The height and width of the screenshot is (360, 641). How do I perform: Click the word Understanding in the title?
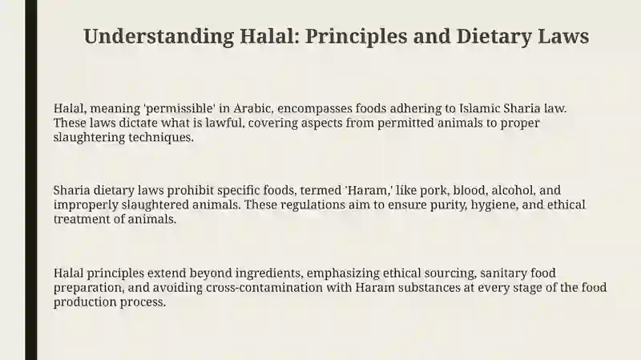click(159, 37)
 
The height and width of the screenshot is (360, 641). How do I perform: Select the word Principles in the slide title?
click(356, 37)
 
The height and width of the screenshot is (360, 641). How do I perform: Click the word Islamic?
click(479, 108)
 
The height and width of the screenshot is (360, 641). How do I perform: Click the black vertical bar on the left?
click(31, 180)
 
